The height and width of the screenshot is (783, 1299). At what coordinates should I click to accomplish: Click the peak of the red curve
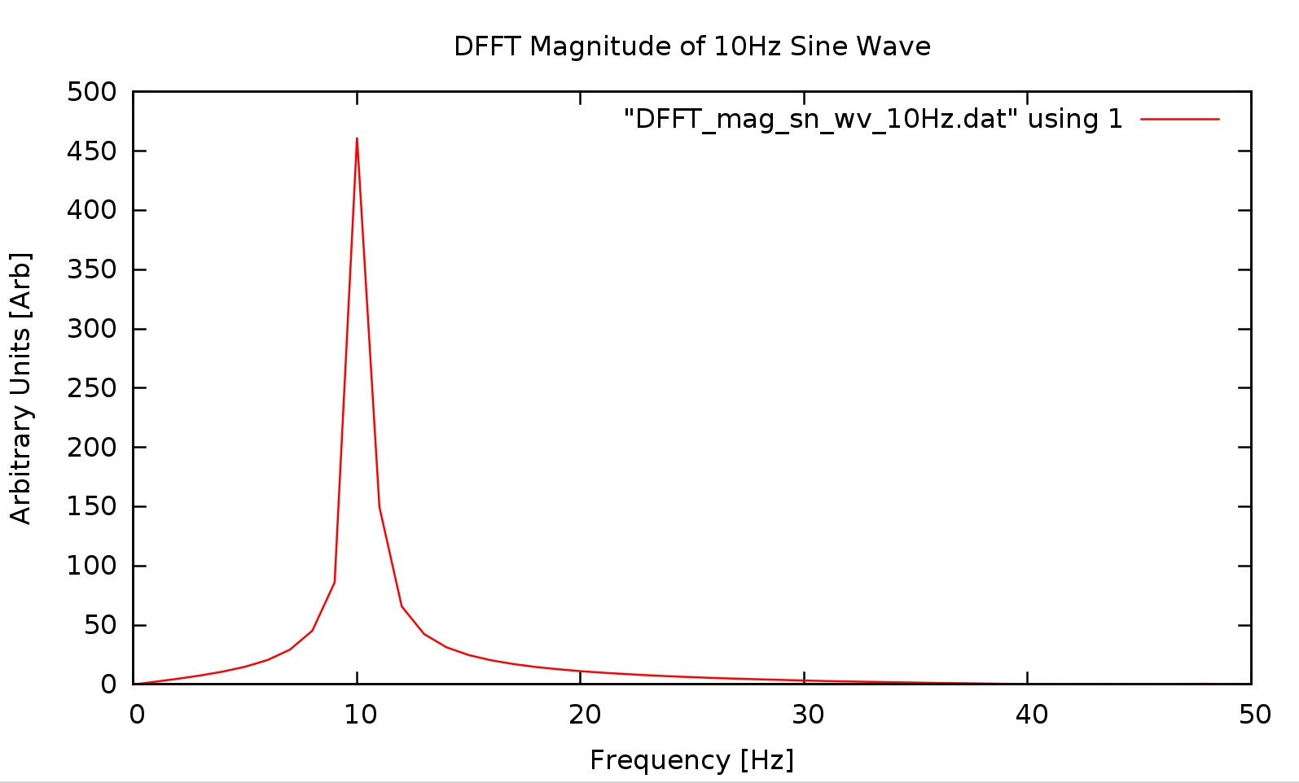coord(357,139)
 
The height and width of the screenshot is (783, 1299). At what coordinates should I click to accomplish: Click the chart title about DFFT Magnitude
coord(691,46)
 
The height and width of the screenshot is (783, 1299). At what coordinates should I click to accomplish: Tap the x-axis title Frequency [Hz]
coord(691,759)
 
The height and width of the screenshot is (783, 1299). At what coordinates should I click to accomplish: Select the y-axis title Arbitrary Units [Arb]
coord(20,388)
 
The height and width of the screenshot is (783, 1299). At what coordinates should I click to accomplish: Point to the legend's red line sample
coord(1179,119)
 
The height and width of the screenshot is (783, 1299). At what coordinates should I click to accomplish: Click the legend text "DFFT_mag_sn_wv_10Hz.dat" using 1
coord(873,119)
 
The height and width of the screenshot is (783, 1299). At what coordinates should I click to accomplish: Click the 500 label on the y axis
coord(92,92)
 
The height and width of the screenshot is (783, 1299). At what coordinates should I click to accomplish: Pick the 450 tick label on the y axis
coord(92,151)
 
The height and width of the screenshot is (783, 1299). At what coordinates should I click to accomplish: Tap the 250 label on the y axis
coord(92,388)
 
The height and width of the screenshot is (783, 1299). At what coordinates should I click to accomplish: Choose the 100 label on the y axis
coord(92,566)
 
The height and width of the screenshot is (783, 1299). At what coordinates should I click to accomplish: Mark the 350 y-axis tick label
coord(92,269)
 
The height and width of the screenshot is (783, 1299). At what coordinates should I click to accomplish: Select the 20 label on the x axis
coord(584,715)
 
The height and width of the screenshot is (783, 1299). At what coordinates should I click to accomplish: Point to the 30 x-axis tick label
coord(808,715)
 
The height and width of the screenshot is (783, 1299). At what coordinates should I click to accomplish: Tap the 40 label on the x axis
coord(1031,715)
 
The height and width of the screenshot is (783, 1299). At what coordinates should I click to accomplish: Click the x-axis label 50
coord(1254,715)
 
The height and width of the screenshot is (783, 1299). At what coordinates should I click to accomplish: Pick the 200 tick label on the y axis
coord(92,448)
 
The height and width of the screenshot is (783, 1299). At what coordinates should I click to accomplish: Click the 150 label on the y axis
coord(92,506)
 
